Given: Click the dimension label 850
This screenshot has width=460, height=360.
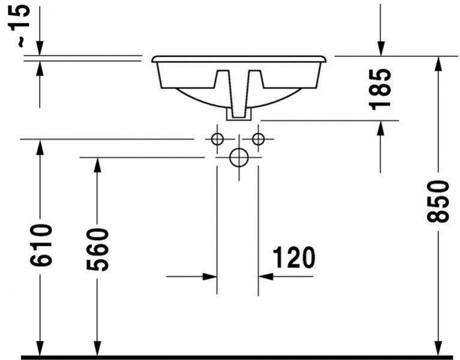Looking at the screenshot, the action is click(438, 202).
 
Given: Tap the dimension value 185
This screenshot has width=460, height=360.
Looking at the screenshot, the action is click(381, 89).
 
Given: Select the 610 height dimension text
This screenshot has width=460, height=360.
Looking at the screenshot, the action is click(41, 245).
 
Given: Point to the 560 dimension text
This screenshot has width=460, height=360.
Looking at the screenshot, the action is click(98, 249).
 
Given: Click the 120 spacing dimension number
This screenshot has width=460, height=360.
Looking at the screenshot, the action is click(294, 257).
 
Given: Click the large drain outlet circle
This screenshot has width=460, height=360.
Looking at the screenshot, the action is click(239, 158).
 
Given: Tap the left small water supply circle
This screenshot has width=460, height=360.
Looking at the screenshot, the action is click(217, 139).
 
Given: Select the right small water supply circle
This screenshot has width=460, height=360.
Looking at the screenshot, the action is click(258, 139).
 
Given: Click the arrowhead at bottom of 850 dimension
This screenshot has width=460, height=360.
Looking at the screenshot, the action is click(438, 347).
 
